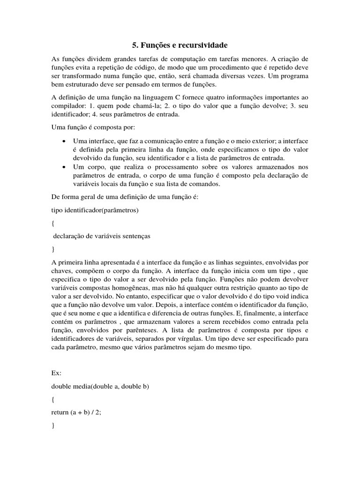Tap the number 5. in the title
pyautogui.click(x=135, y=45)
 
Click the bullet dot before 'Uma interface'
pyautogui.click(x=63, y=141)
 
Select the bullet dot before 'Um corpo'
pyautogui.click(x=63, y=167)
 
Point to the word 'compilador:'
pyautogui.click(x=67, y=106)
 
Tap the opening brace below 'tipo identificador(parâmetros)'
pyautogui.click(x=53, y=224)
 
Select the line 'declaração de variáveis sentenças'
pyautogui.click(x=102, y=237)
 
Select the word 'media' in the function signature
pyautogui.click(x=81, y=386)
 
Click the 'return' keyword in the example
pyautogui.click(x=60, y=412)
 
